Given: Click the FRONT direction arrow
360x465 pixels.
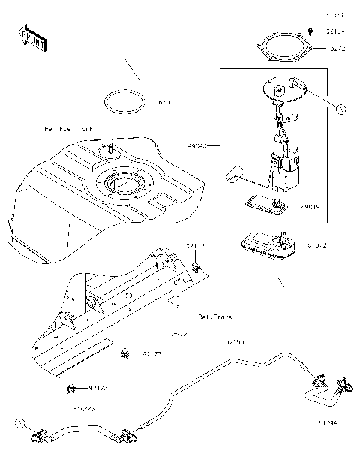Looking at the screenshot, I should (32, 37).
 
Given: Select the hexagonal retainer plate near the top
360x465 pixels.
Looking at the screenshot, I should (287, 48).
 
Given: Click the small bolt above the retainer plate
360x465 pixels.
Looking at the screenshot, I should (310, 30).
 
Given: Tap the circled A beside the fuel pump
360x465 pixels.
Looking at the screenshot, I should (340, 110).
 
